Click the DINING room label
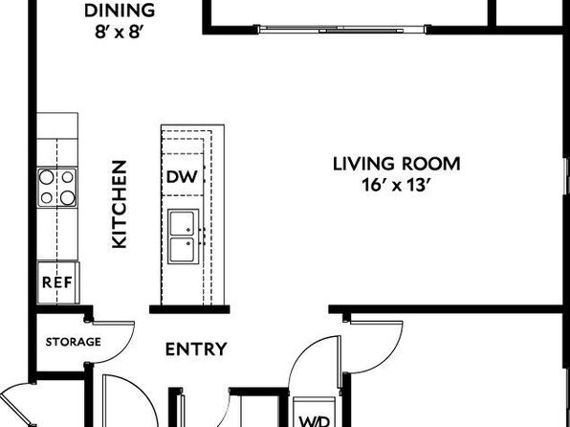pos(120,11)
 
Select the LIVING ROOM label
pos(397,164)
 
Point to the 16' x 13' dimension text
pos(397,185)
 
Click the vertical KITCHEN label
pos(120,204)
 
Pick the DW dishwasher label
pos(182,177)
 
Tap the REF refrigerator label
pos(57,282)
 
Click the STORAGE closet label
pos(74,342)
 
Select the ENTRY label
pos(196,349)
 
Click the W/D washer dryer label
pos(315,421)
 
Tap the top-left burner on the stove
pos(47,177)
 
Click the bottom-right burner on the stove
pos(68,197)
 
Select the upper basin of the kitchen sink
pos(182,223)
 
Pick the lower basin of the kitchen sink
pos(182,250)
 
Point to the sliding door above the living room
pos(342,30)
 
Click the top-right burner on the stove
pos(68,177)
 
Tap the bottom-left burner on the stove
pos(47,197)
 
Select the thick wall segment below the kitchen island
pos(189,309)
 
